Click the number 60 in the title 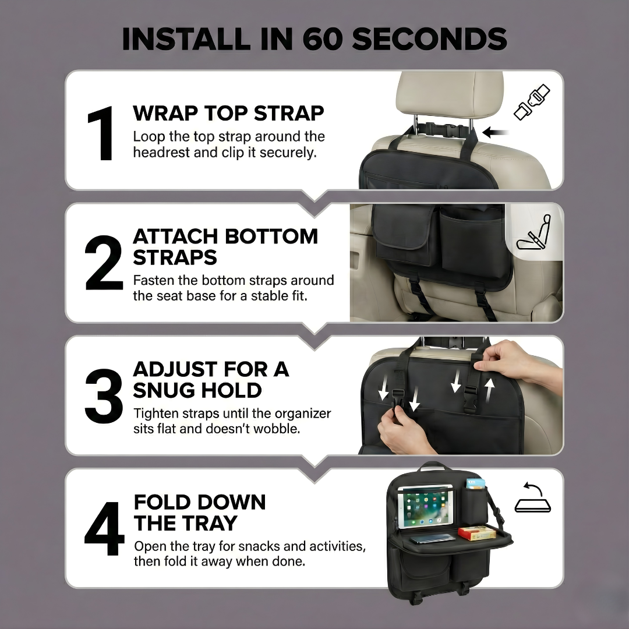click(324, 39)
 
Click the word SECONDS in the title click(429, 39)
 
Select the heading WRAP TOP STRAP click(228, 113)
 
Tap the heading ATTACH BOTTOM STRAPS click(225, 247)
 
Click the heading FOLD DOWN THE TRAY click(200, 513)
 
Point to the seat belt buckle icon click(532, 103)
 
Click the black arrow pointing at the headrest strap click(496, 133)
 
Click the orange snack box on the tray click(476, 532)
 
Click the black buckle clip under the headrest click(439, 129)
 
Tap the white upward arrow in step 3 click(490, 388)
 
